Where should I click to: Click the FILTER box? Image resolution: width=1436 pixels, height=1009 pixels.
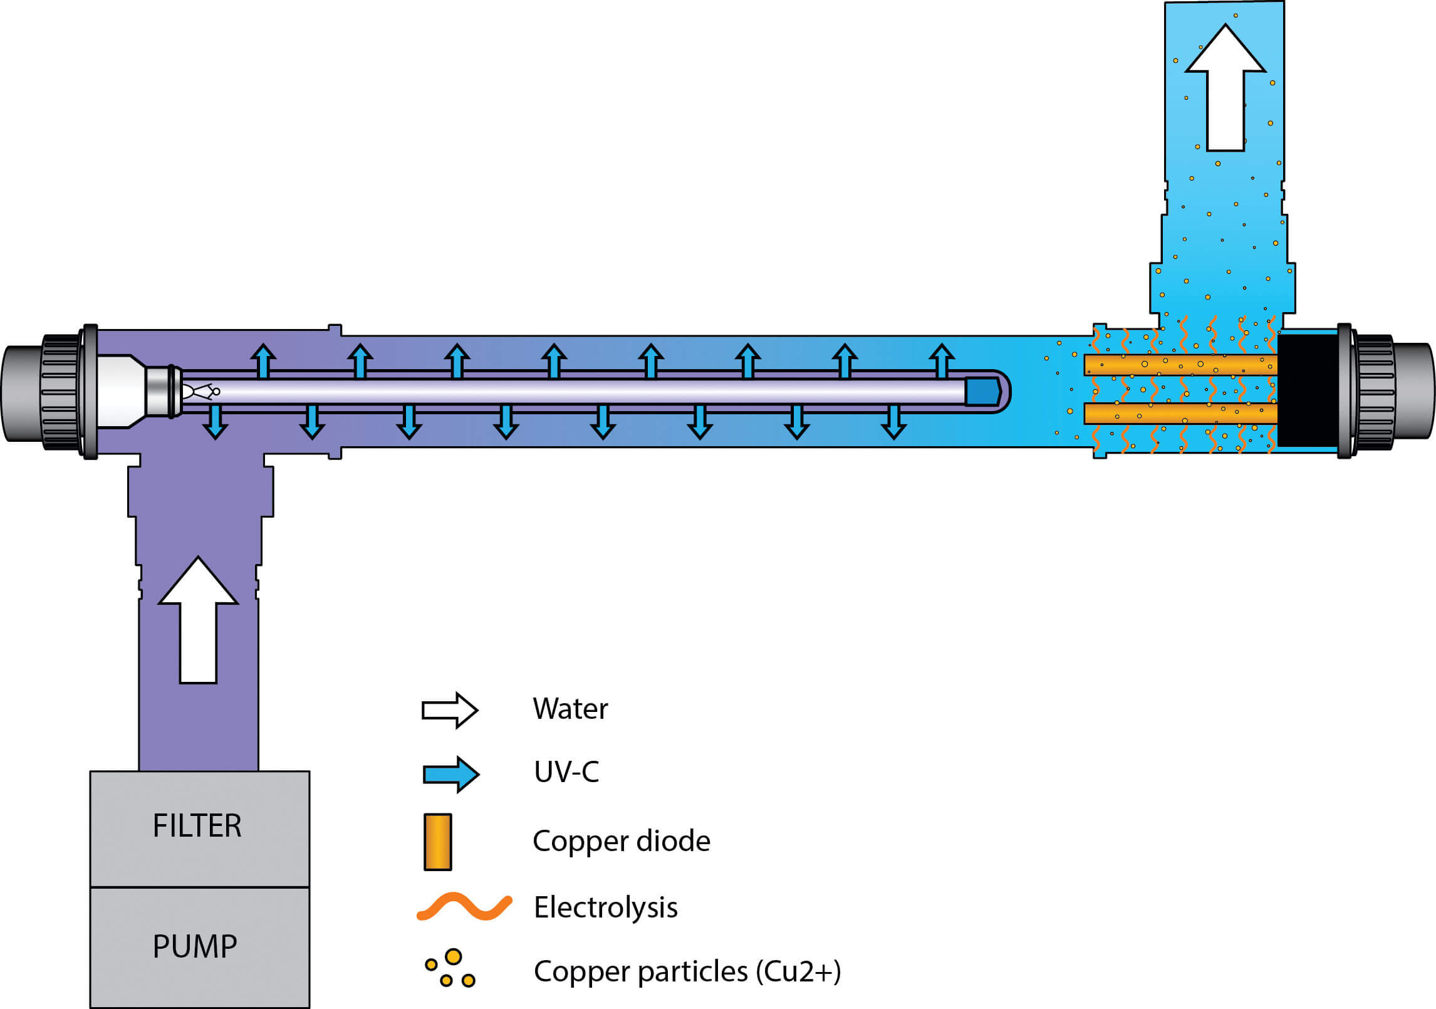(199, 828)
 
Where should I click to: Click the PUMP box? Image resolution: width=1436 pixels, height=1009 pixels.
(199, 947)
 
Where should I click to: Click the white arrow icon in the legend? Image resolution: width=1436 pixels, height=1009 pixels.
(450, 710)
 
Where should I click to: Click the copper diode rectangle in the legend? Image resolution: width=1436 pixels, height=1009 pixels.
(438, 842)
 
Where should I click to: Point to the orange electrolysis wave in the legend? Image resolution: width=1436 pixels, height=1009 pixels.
(464, 907)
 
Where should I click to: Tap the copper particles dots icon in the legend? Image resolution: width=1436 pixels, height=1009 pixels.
(450, 969)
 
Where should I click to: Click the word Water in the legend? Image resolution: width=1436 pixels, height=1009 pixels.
(570, 709)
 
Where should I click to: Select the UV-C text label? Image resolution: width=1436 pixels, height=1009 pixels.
(566, 772)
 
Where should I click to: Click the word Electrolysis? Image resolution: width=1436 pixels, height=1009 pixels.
(605, 907)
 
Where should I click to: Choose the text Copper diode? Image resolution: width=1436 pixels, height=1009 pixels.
(621, 841)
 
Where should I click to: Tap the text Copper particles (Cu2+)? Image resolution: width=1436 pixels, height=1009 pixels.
(687, 971)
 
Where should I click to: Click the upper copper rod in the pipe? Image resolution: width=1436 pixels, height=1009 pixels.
(1180, 365)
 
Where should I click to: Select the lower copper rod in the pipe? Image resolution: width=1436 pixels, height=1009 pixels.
(1180, 414)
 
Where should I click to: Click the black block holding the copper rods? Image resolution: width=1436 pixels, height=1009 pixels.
(1308, 390)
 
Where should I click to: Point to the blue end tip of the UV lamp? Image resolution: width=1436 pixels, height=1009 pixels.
(982, 392)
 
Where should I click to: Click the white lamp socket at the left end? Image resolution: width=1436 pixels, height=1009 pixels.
(121, 392)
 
